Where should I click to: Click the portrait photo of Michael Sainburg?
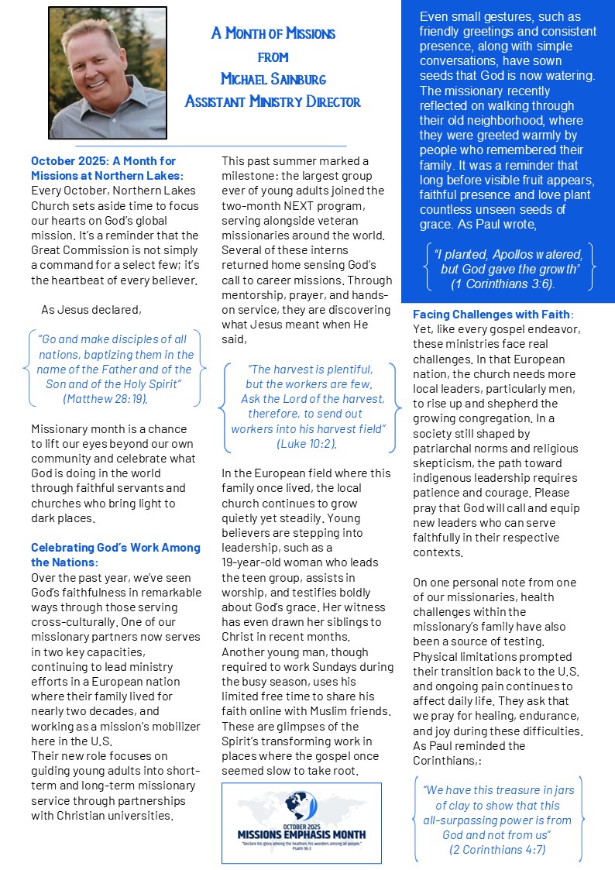click(107, 73)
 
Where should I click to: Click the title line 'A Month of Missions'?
click(273, 33)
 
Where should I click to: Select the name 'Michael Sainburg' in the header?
click(273, 79)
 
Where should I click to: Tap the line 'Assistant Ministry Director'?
click(273, 101)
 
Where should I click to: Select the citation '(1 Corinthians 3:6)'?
click(503, 284)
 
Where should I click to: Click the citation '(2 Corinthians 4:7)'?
click(499, 850)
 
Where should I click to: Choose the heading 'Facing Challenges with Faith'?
click(492, 315)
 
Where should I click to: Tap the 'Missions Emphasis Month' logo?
click(301, 823)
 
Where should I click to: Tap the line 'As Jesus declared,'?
click(91, 310)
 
